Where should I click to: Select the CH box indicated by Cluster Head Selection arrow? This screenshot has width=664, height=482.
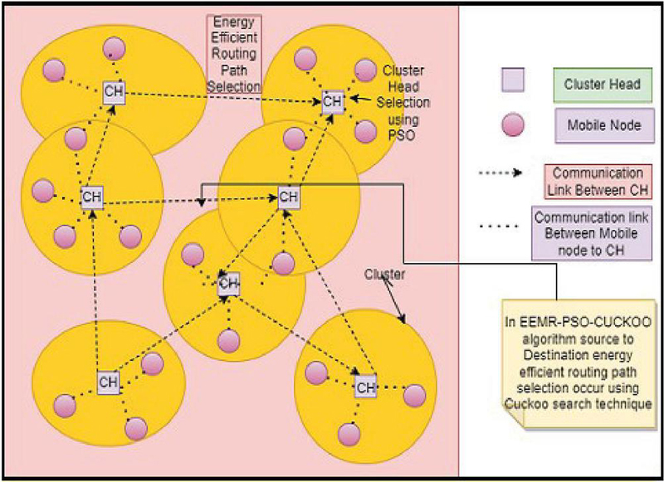333,102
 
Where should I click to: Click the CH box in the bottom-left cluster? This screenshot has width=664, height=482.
108,382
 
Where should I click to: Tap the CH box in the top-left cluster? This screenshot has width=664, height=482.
114,91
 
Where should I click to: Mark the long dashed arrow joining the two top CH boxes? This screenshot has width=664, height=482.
220,96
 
